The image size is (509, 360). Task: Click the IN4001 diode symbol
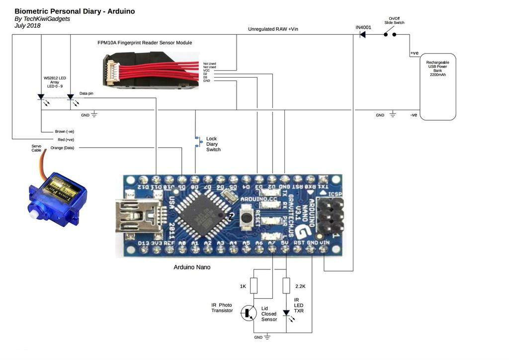[363, 34]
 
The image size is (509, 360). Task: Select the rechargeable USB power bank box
[437, 87]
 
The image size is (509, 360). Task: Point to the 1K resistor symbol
[254, 286]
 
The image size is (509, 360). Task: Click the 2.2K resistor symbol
[286, 286]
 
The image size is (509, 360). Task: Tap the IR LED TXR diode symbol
[286, 313]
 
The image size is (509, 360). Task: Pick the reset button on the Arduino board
[246, 217]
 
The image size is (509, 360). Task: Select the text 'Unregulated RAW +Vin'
[273, 29]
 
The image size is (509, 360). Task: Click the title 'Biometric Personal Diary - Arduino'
[75, 11]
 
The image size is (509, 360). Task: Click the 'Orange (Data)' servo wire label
[62, 148]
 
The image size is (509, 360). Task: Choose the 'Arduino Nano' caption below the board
[192, 267]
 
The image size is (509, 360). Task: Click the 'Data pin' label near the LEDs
[86, 93]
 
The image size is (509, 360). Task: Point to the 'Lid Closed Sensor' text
[269, 314]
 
